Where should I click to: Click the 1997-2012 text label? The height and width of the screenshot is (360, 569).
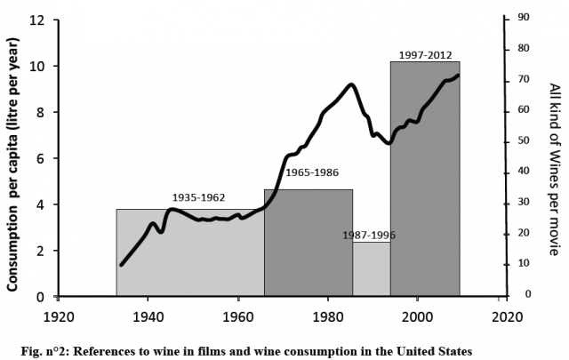pos(426,55)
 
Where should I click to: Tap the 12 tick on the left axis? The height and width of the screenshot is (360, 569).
pos(36,20)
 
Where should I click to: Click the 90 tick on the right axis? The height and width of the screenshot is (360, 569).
pos(525,17)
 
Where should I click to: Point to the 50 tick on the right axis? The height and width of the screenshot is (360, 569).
pos(525,140)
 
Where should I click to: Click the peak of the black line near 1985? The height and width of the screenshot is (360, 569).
pos(353,84)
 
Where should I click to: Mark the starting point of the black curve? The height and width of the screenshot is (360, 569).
pos(121,264)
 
